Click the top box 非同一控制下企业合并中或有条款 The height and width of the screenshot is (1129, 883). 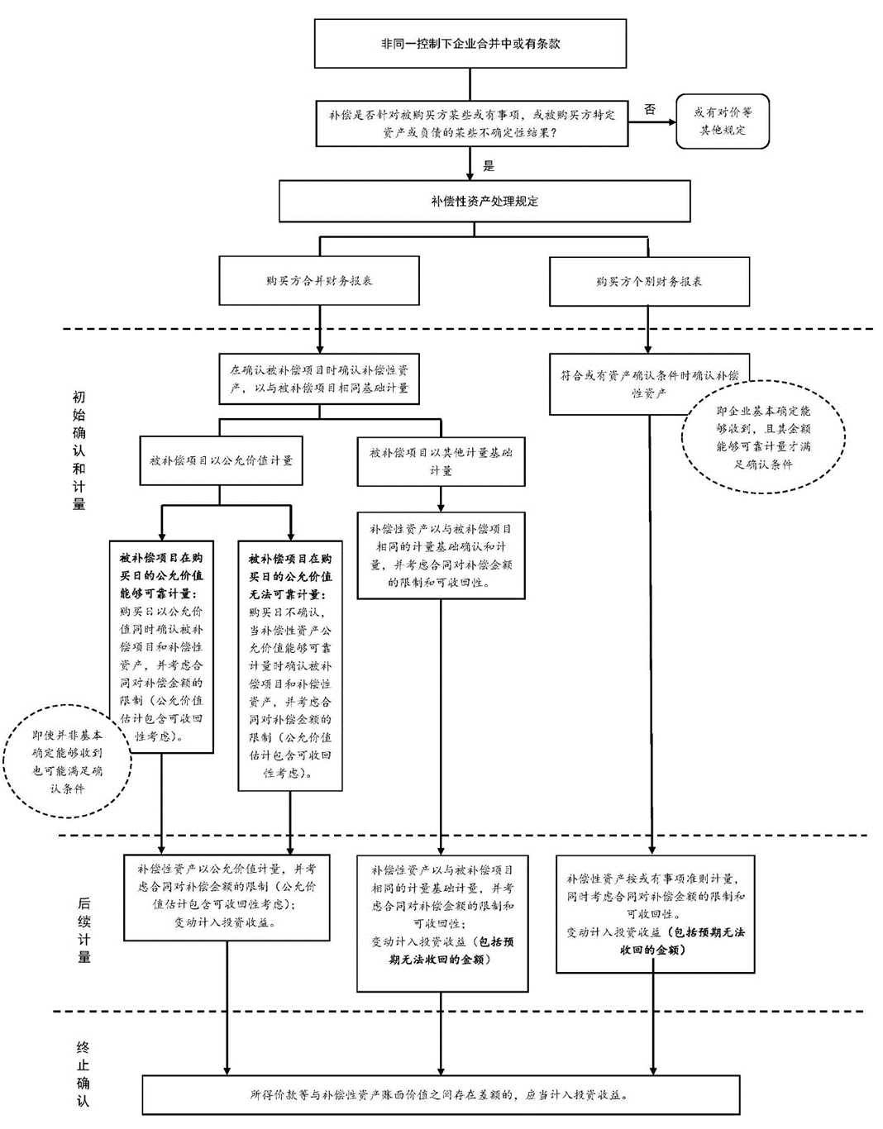(x=470, y=43)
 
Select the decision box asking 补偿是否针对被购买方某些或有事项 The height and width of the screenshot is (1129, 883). (x=471, y=123)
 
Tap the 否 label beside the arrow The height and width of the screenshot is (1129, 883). (x=651, y=109)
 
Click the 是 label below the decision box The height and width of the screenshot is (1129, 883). (x=489, y=166)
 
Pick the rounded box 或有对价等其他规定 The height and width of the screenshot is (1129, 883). (x=723, y=121)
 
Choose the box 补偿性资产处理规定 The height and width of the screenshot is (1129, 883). (x=484, y=201)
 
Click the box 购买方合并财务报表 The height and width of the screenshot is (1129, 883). (x=319, y=281)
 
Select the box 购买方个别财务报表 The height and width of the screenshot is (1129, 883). (x=649, y=282)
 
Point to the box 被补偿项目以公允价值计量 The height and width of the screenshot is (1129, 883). (x=221, y=460)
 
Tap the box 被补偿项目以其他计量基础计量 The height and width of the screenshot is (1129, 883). (x=441, y=461)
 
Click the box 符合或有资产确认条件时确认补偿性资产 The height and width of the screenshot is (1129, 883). (x=649, y=384)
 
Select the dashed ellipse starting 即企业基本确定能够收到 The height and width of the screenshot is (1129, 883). (x=763, y=437)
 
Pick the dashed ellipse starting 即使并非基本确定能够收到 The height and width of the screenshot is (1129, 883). (x=68, y=761)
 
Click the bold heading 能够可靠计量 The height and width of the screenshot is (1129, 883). (x=162, y=576)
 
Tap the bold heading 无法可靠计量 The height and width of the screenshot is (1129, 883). (x=290, y=577)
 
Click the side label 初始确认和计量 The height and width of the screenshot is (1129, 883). (x=79, y=450)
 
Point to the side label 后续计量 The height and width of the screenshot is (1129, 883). (x=84, y=930)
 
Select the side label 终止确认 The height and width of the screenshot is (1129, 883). (x=83, y=1073)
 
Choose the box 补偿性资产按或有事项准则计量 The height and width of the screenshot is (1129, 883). (x=655, y=914)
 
